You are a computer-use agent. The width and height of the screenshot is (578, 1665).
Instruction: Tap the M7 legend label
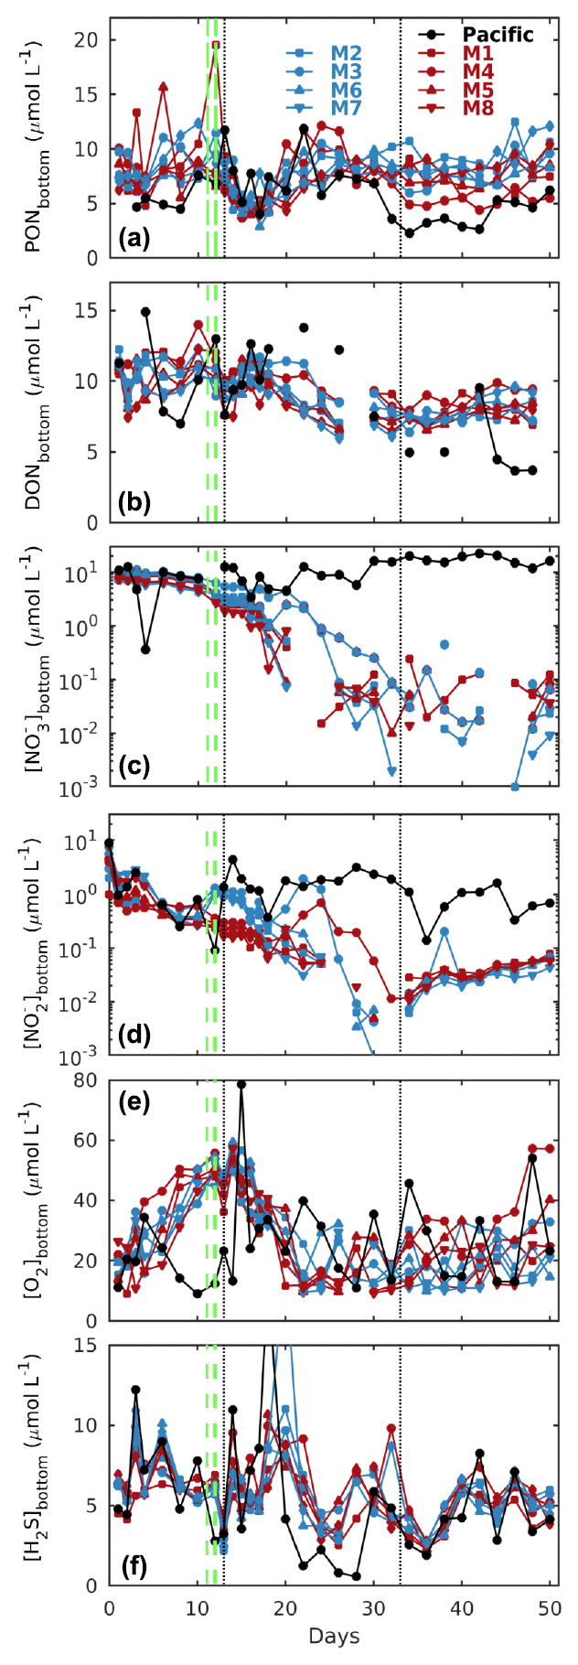346,109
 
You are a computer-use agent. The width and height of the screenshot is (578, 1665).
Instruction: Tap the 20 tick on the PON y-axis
89,39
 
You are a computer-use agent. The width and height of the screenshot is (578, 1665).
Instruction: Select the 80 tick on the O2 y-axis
89,1080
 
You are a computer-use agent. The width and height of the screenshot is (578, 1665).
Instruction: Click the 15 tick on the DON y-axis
89,311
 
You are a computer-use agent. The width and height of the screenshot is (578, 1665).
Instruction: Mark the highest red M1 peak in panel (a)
216,44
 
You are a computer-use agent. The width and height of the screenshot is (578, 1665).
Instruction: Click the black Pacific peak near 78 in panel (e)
241,1085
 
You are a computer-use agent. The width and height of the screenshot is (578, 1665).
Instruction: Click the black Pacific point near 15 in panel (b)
145,312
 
